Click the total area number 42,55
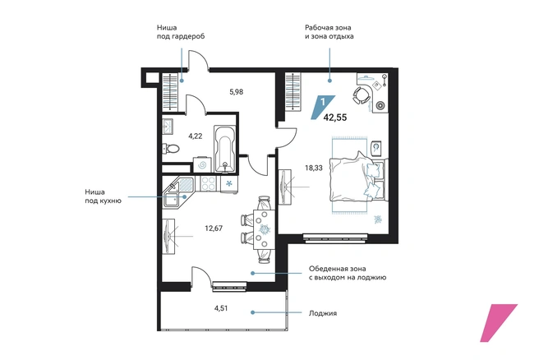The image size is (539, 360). click(x=335, y=118)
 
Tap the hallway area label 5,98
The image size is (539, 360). click(x=237, y=92)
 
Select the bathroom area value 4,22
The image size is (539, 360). click(x=195, y=136)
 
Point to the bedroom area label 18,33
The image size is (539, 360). click(x=314, y=168)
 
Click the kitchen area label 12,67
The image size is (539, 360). click(x=214, y=228)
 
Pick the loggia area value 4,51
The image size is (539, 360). click(x=221, y=308)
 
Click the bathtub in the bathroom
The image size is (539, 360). click(x=224, y=149)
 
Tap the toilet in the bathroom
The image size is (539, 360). click(x=171, y=149)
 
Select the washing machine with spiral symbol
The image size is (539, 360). click(x=202, y=164)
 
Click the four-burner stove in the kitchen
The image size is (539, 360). click(x=208, y=183)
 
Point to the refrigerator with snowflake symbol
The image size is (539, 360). click(x=228, y=184)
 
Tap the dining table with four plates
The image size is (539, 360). click(x=264, y=229)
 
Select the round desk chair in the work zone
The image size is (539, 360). click(x=361, y=95)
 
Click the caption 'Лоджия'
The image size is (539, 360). click(x=323, y=313)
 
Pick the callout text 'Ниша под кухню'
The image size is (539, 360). click(x=104, y=196)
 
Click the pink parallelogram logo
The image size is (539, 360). click(x=499, y=323)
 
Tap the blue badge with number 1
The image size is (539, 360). click(x=322, y=107)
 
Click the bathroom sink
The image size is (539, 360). click(x=168, y=127)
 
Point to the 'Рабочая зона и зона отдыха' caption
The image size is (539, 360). click(x=329, y=31)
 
